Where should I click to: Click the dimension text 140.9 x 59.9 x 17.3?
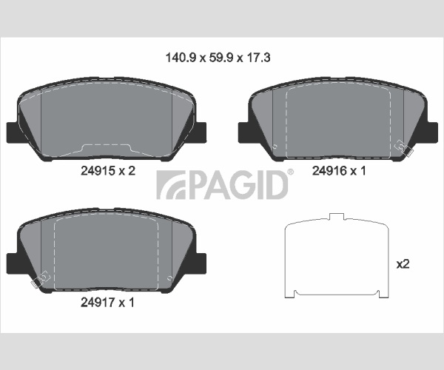tap(218, 58)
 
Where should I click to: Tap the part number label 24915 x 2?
tap(108, 171)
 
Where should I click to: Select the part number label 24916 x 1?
tap(339, 171)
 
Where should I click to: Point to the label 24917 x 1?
tap(107, 303)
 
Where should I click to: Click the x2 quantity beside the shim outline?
tap(403, 264)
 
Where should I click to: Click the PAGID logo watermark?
tap(222, 185)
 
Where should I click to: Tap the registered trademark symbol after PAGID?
tap(291, 172)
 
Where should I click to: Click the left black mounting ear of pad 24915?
tap(13, 132)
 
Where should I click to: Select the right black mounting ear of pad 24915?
tap(201, 132)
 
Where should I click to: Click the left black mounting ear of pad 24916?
tap(244, 132)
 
